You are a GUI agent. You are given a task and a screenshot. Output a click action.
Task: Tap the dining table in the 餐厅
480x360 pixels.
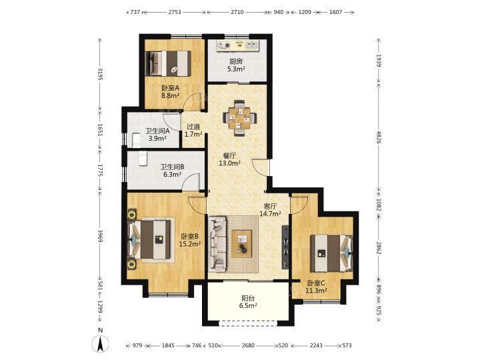point(239,118)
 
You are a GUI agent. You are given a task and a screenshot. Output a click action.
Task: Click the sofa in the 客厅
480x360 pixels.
point(218,244)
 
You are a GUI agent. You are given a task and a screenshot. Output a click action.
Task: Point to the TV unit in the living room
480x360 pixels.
point(285,247)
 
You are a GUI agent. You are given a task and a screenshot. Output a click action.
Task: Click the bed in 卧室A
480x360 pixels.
point(169,63)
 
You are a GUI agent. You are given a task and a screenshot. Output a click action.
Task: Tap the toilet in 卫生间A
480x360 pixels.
point(135,140)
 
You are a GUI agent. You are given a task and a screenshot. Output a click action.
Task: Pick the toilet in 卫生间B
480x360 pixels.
point(143,158)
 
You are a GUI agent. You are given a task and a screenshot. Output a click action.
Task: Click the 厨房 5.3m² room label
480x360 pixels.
point(236,65)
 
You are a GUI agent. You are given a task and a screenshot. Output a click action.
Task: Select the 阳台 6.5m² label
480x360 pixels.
point(248,301)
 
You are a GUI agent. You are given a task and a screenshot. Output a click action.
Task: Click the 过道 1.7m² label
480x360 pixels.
point(193,130)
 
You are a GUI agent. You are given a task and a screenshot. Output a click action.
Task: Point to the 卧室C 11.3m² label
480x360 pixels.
point(316,287)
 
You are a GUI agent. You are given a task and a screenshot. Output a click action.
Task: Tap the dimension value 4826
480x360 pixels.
point(379,137)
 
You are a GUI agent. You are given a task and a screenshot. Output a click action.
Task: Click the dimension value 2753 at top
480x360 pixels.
point(175,12)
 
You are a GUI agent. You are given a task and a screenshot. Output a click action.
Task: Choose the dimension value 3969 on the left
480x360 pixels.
point(100,236)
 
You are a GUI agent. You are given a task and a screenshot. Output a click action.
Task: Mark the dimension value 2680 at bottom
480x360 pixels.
point(248,345)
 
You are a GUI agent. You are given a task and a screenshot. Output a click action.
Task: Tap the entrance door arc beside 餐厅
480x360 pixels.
point(260,167)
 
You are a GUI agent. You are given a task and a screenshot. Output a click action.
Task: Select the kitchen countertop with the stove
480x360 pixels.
point(237,45)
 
